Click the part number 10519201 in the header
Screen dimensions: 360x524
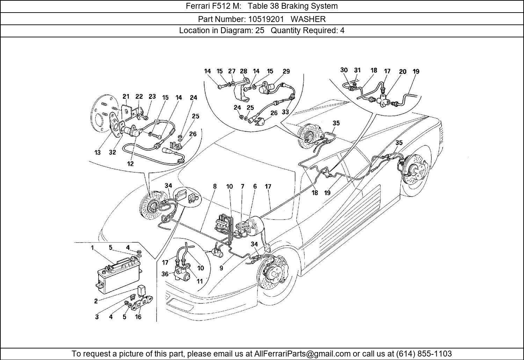(267, 19)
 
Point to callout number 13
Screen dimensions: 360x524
(97, 152)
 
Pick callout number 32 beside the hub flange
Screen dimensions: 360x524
(112, 152)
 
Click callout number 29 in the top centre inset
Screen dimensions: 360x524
(286, 71)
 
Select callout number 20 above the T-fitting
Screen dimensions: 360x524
(402, 72)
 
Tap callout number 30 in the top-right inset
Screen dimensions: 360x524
(344, 70)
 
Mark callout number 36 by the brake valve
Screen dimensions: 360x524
(165, 274)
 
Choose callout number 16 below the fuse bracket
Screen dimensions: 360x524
(138, 317)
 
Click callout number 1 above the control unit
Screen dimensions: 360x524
(93, 248)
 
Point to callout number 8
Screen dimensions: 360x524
(215, 186)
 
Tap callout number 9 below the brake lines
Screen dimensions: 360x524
(221, 268)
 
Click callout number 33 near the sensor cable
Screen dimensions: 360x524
(285, 112)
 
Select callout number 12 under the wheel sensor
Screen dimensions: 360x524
(130, 164)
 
